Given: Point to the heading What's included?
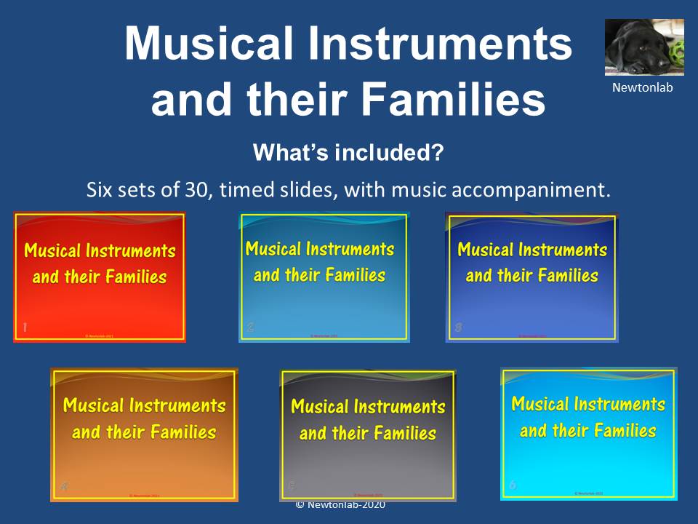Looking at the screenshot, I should [x=348, y=154].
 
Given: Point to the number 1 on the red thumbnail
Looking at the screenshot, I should [x=25, y=328].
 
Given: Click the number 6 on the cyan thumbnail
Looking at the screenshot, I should [x=513, y=485].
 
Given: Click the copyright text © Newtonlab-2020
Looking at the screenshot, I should [x=340, y=505].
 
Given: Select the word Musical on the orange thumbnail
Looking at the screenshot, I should [x=92, y=405].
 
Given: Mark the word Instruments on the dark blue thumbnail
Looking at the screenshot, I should [x=563, y=250].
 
